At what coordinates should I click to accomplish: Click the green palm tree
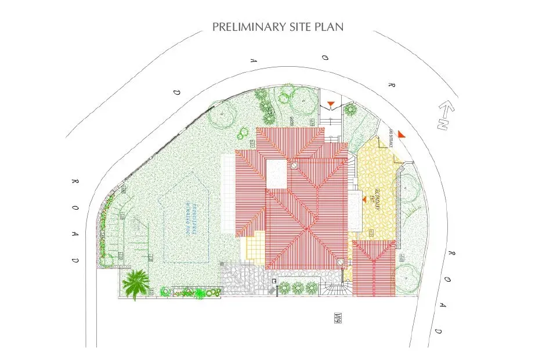click(136, 283)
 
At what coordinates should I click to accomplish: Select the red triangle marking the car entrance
click(402, 135)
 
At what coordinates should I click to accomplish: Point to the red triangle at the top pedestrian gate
click(330, 105)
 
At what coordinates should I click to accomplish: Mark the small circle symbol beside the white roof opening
click(294, 166)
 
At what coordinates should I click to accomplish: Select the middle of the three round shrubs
click(298, 287)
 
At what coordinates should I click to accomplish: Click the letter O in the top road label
click(326, 59)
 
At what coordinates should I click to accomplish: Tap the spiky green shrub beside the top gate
click(349, 109)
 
